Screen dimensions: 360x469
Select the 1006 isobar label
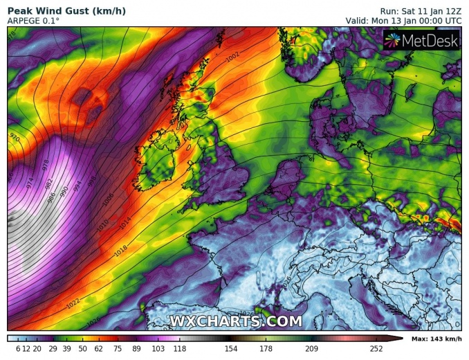pyautogui.click(x=107, y=199)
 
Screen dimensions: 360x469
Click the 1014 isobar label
pyautogui.click(x=124, y=223)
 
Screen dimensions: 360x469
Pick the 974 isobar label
pyautogui.click(x=29, y=183)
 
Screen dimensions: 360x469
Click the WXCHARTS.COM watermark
pyautogui.click(x=236, y=321)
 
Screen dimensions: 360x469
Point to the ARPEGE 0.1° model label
pyautogui.click(x=33, y=21)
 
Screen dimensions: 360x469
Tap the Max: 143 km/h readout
pyautogui.click(x=436, y=339)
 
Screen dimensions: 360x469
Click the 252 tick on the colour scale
pyautogui.click(x=376, y=349)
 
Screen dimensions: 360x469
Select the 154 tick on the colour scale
pyautogui.click(x=230, y=349)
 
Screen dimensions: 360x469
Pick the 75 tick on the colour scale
pyautogui.click(x=118, y=349)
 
